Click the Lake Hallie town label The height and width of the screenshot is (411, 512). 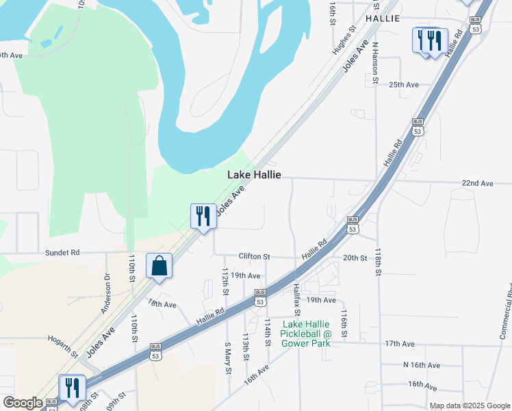click(x=254, y=175)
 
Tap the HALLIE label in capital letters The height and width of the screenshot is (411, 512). click(x=382, y=18)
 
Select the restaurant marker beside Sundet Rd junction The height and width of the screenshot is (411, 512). click(x=203, y=216)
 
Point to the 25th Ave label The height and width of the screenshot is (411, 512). click(x=403, y=85)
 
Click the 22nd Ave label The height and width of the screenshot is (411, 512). click(x=477, y=184)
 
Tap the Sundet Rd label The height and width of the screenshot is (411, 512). click(x=62, y=252)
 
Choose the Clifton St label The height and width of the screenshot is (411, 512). click(x=254, y=256)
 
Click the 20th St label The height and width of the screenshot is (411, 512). click(x=355, y=258)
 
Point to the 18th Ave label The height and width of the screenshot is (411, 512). click(x=162, y=304)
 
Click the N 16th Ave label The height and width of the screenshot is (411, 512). click(x=421, y=365)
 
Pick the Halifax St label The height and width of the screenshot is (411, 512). click(x=297, y=299)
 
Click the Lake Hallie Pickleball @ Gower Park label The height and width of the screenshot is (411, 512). click(x=307, y=333)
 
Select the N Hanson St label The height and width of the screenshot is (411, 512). click(x=375, y=63)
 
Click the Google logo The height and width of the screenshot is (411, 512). click(x=22, y=403)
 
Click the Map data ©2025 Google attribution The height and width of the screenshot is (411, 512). click(x=470, y=406)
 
